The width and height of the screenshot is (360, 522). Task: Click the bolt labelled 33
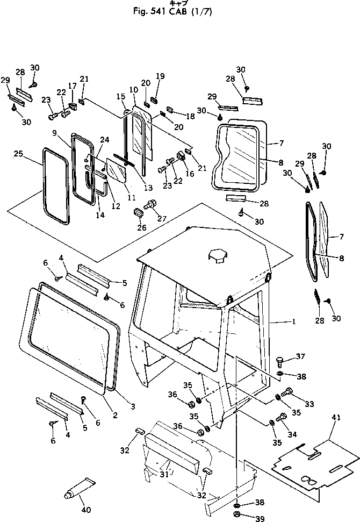pyautogui.click(x=286, y=392)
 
